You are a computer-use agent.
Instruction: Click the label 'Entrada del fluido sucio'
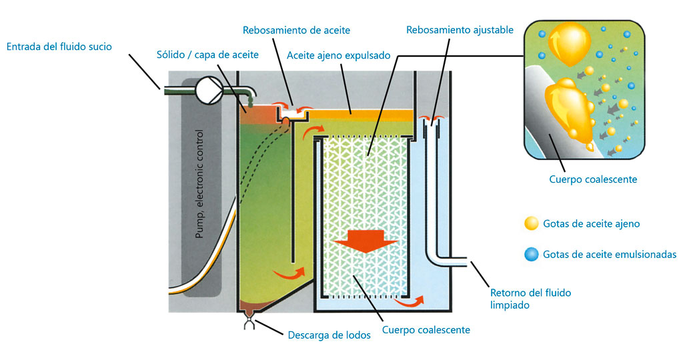59,47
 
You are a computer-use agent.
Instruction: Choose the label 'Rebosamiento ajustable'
460,30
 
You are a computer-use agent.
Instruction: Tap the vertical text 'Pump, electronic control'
199,184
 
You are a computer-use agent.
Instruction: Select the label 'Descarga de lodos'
329,335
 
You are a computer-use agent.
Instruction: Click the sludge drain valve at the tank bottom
248,324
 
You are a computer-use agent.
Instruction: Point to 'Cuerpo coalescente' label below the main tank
426,329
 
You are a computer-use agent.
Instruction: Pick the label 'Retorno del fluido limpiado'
531,298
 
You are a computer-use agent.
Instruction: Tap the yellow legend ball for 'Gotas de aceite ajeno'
531,223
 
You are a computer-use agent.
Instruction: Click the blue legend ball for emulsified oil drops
531,254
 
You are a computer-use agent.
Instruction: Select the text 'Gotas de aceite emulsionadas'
610,254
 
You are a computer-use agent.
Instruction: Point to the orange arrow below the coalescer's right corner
408,302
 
